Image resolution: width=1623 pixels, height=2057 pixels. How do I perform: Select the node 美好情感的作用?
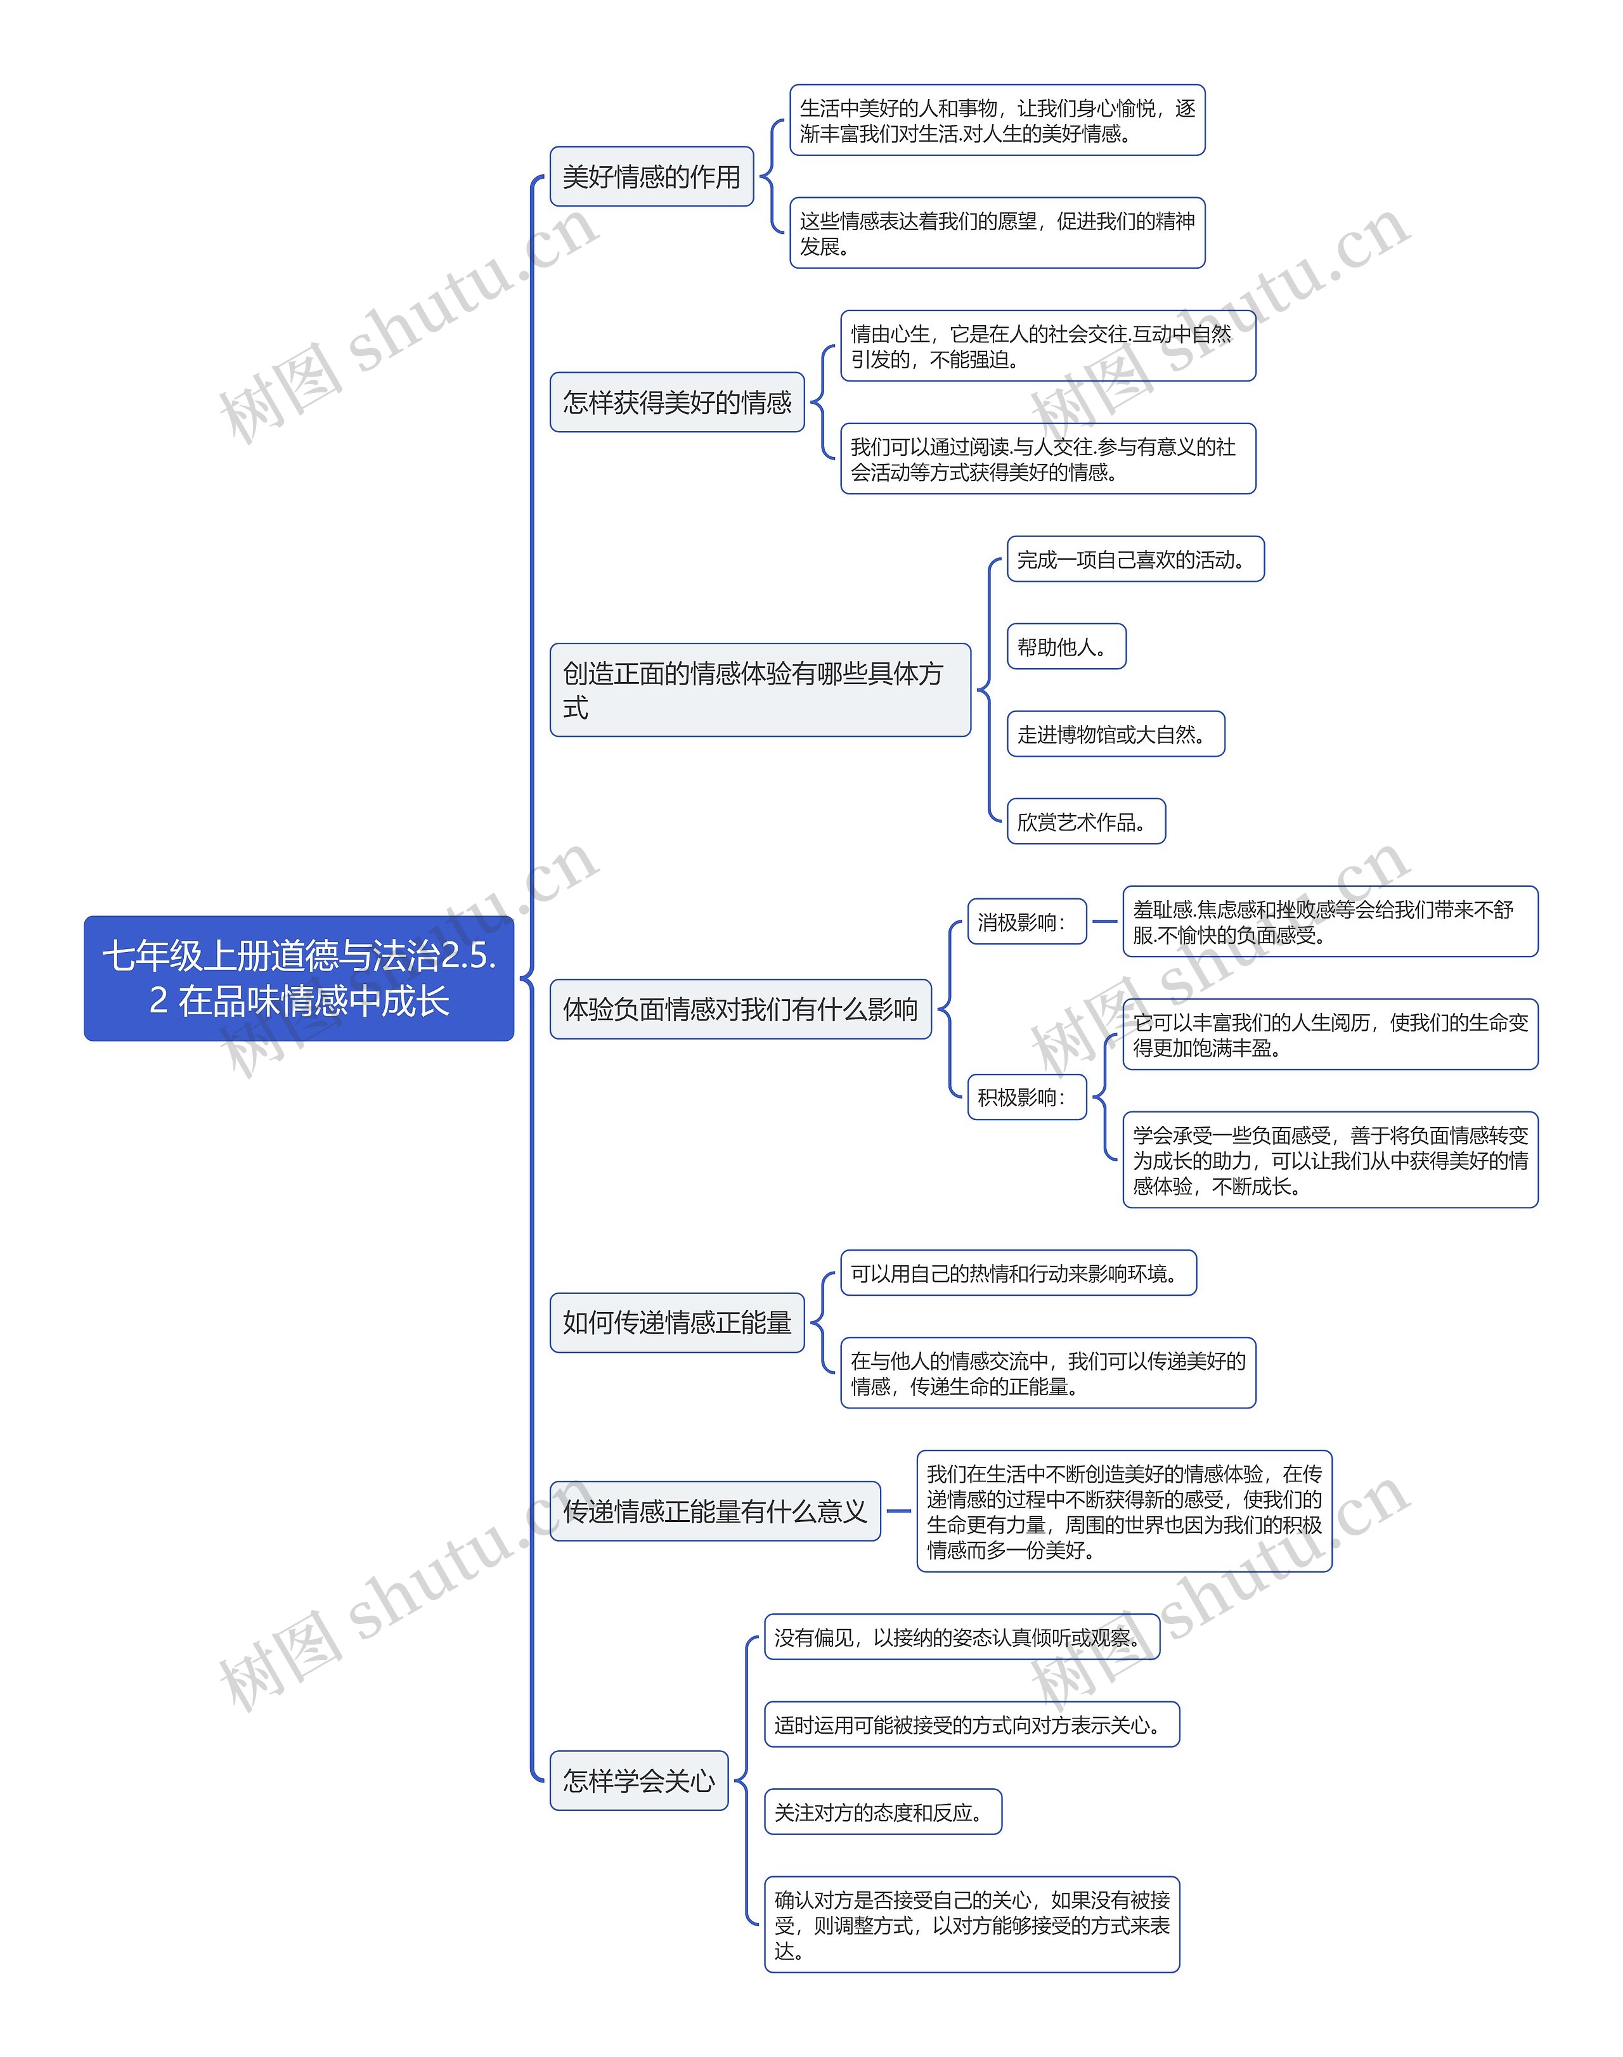point(651,177)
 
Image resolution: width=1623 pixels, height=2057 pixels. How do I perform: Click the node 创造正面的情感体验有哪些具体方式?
point(760,690)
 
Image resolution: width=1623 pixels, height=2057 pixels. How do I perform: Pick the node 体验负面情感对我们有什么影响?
point(740,1009)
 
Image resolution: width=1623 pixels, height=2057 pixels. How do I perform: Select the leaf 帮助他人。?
point(1066,647)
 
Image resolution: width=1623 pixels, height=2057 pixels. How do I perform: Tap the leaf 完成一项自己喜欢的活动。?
point(1135,560)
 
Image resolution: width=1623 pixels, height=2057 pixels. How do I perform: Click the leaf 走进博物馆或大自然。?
point(1116,735)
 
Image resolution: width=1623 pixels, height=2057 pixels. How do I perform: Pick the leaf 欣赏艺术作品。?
point(1085,822)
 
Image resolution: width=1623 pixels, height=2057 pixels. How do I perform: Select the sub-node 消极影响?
point(1026,922)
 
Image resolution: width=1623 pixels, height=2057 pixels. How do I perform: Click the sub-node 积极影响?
point(1026,1097)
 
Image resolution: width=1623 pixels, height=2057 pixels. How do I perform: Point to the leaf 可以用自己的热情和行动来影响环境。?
point(1018,1273)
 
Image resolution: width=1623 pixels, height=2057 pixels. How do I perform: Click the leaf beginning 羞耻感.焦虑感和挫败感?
point(1329,922)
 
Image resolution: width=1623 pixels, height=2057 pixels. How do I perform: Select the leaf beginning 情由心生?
point(1047,346)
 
